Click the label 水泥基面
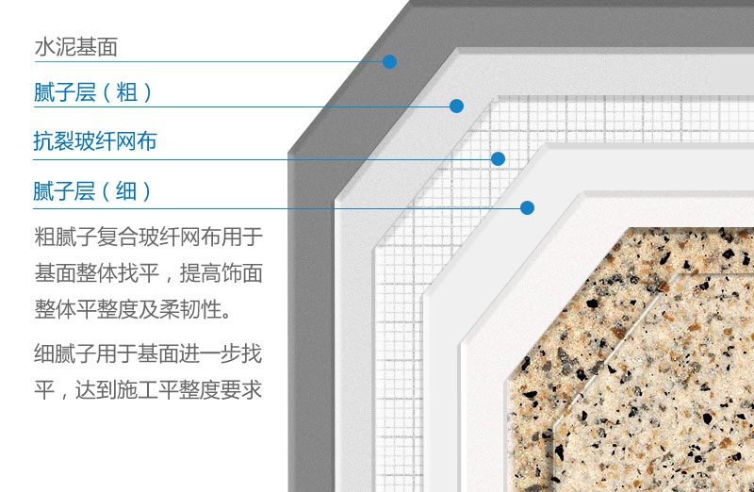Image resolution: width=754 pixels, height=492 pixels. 76,47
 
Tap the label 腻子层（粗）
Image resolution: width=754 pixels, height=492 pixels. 92,91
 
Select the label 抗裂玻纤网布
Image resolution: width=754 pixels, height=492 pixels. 95,141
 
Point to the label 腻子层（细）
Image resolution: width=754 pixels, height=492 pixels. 92,190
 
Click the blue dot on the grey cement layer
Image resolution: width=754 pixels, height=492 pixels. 389,61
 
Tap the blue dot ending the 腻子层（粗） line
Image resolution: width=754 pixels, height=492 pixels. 456,106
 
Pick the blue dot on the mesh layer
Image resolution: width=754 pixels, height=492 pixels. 499,158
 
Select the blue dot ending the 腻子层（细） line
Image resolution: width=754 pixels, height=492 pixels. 527,207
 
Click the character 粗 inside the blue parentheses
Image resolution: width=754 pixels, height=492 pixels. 127,91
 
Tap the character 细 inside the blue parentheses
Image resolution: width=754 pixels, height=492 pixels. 126,190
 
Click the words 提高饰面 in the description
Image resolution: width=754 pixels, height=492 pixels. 221,273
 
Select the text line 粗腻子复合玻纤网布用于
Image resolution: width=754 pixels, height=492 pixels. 149,238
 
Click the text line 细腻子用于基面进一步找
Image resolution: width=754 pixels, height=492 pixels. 148,353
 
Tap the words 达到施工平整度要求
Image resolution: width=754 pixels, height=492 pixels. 169,389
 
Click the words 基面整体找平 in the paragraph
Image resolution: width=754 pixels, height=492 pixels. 97,273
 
